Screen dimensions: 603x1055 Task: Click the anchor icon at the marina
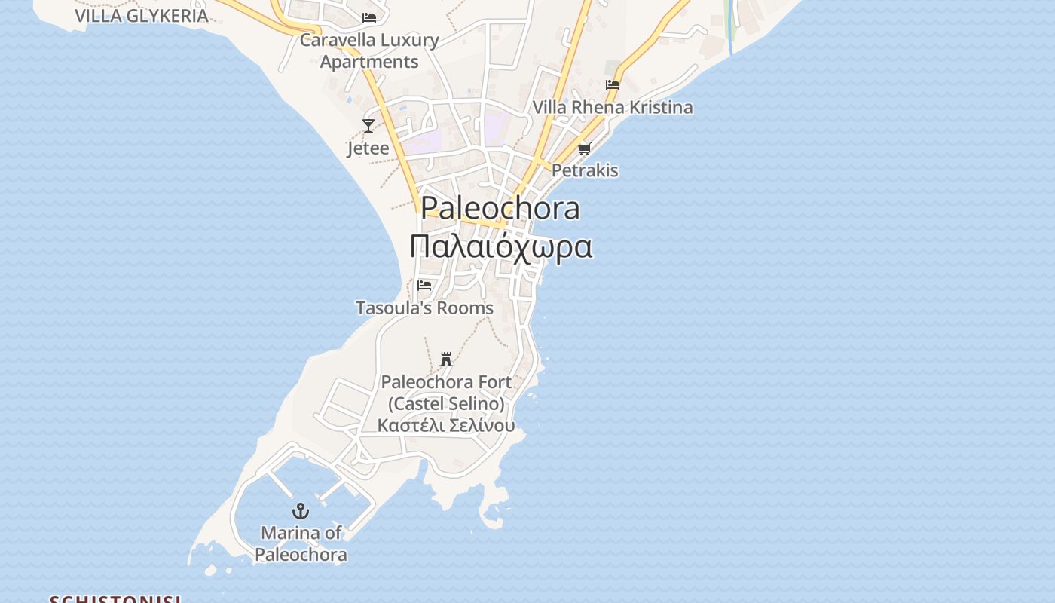301,512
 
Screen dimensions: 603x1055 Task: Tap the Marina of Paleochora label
301,543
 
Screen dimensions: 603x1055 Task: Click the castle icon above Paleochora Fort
446,360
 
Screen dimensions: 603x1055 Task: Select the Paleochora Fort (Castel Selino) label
446,393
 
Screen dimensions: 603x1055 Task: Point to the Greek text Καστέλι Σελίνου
446,425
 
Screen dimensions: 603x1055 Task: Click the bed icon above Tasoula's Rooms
424,286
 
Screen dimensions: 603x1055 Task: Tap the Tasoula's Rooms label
424,308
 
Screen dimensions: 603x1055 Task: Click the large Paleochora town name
500,208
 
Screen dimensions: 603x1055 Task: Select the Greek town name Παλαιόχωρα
500,246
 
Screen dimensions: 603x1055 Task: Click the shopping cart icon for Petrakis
585,148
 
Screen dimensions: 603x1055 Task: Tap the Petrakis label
585,170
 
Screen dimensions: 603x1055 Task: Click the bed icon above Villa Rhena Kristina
613,85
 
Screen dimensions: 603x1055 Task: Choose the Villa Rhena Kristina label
613,107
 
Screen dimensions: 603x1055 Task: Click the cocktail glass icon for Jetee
368,126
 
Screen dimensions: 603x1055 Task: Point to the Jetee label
368,148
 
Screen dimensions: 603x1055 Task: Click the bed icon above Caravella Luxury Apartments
369,17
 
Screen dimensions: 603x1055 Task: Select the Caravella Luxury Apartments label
369,51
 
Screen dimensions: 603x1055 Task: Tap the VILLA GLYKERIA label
141,15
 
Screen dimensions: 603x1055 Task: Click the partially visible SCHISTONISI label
115,599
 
